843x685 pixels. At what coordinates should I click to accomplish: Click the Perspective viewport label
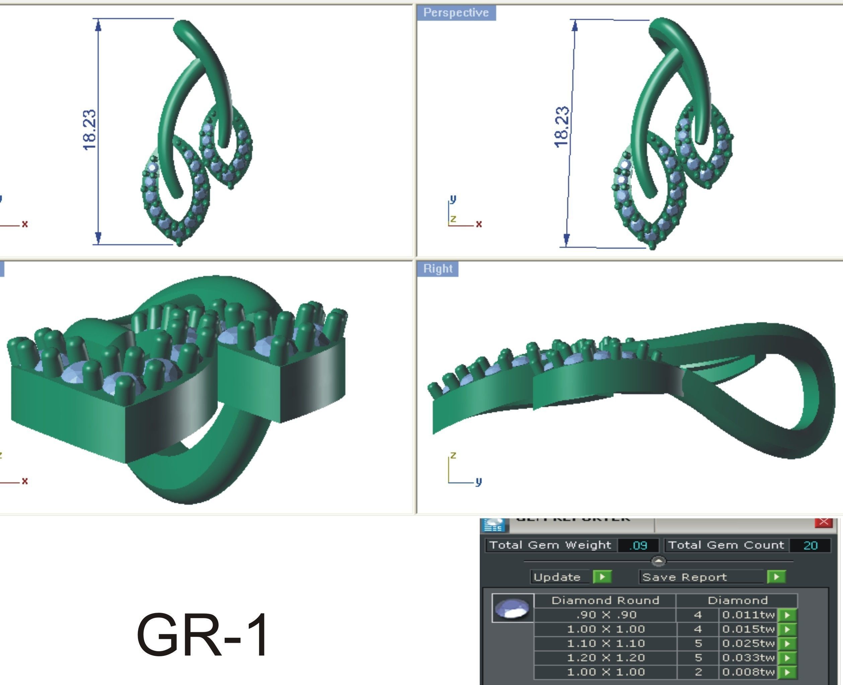pyautogui.click(x=456, y=13)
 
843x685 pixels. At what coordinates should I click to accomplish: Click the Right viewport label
pyautogui.click(x=438, y=269)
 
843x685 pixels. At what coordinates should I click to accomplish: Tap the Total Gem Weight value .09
pyautogui.click(x=638, y=546)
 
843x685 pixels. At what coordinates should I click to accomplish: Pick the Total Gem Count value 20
pyautogui.click(x=810, y=546)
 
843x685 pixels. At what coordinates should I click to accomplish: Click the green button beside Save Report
pyautogui.click(x=776, y=577)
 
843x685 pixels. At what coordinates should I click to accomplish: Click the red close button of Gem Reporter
pyautogui.click(x=824, y=522)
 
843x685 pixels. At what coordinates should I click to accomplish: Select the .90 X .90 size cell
pyautogui.click(x=605, y=615)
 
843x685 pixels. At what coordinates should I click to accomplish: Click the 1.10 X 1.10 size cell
pyautogui.click(x=605, y=644)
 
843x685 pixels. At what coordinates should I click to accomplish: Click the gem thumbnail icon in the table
pyautogui.click(x=512, y=608)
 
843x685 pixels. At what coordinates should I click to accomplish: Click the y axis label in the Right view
pyautogui.click(x=478, y=482)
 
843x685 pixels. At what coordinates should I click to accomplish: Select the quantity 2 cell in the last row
pyautogui.click(x=698, y=672)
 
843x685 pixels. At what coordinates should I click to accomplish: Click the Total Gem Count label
pyautogui.click(x=726, y=545)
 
